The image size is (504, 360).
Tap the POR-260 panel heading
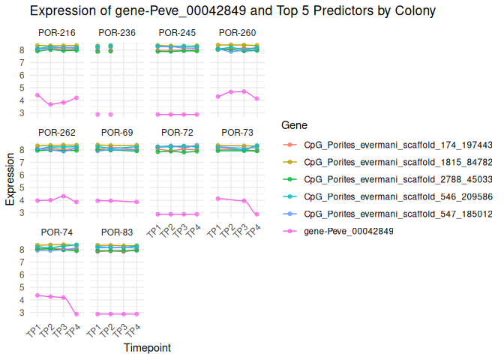(x=237, y=33)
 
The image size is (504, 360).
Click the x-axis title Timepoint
(x=146, y=348)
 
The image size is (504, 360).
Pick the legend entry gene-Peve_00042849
(x=349, y=230)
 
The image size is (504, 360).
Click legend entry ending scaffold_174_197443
(x=397, y=144)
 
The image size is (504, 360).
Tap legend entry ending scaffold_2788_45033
(x=397, y=178)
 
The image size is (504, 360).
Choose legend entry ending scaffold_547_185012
(x=397, y=213)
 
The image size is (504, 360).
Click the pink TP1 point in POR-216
(x=37, y=95)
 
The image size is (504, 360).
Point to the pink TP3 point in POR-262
(x=64, y=196)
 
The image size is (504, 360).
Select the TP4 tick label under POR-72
(x=193, y=230)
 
